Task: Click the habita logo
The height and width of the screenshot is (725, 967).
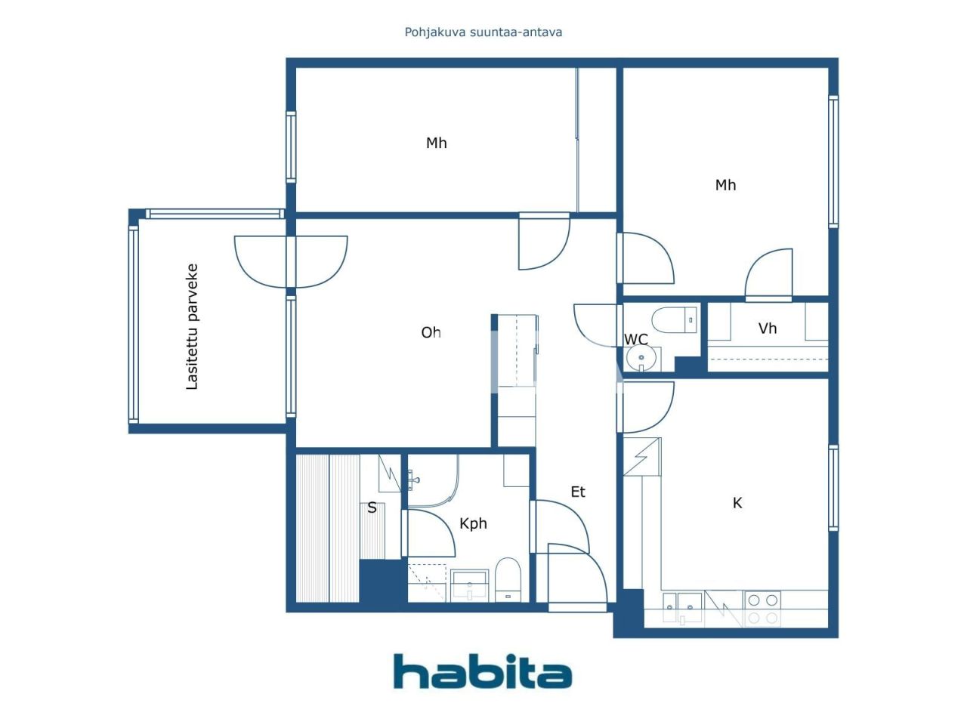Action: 482,671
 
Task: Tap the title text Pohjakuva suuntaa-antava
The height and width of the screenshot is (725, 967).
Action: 483,32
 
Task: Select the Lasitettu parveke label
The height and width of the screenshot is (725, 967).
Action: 192,326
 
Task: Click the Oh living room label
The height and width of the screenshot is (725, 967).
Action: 431,332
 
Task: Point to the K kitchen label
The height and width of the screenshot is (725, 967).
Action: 737,503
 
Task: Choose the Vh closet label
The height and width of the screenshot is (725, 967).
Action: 767,329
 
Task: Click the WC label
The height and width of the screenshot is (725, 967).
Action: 635,340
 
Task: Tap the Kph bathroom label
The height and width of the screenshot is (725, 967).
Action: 473,523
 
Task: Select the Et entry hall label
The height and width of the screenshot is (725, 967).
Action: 577,492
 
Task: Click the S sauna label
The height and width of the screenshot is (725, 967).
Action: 372,507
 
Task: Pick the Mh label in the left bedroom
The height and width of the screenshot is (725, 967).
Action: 436,143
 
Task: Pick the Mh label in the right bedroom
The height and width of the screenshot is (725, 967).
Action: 725,185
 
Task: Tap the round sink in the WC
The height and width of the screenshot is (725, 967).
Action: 641,359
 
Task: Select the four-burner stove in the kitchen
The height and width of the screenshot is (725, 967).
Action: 762,609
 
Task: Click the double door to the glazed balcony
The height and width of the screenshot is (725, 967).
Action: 291,261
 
